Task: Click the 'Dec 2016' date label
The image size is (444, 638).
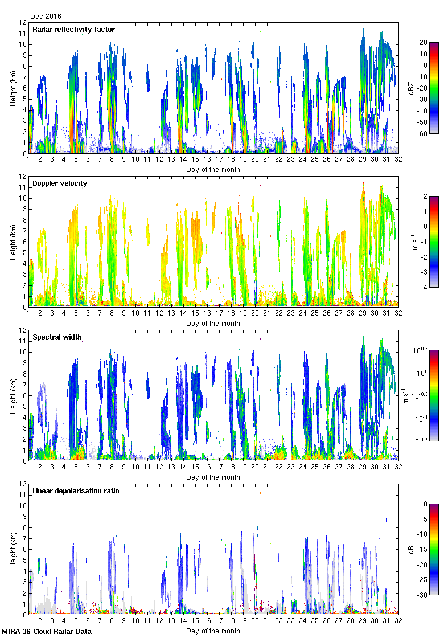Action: (x=46, y=17)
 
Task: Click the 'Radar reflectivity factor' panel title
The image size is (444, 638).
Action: (x=73, y=30)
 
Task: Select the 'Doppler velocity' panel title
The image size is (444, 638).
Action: (x=60, y=183)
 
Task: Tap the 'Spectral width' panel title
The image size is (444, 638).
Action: (x=57, y=337)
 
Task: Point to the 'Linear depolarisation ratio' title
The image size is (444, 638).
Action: (x=76, y=491)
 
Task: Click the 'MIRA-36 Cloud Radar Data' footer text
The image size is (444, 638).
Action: (x=47, y=631)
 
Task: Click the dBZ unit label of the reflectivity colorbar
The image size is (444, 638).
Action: (x=410, y=88)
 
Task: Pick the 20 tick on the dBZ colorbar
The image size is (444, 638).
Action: (x=424, y=43)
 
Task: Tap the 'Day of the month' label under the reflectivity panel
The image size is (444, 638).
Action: (x=213, y=170)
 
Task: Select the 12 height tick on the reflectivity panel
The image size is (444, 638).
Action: (x=23, y=23)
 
